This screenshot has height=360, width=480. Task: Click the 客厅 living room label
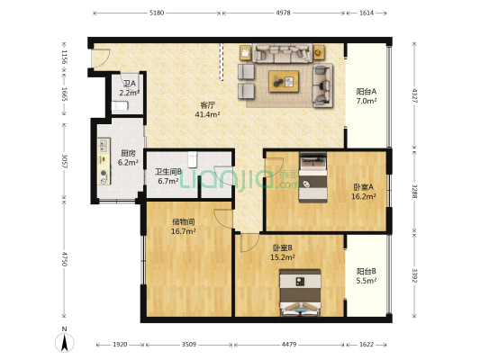pos(206,105)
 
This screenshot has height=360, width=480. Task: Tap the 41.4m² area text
pos(206,114)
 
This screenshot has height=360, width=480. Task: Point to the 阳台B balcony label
pos(366,271)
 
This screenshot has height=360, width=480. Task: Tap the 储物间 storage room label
pos(184,221)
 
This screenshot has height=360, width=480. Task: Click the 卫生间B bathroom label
pos(168,172)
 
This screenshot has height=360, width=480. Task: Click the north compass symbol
pos(66,343)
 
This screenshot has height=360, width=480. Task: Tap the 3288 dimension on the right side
pos(416,190)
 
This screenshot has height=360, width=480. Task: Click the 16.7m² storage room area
pos(184,231)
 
